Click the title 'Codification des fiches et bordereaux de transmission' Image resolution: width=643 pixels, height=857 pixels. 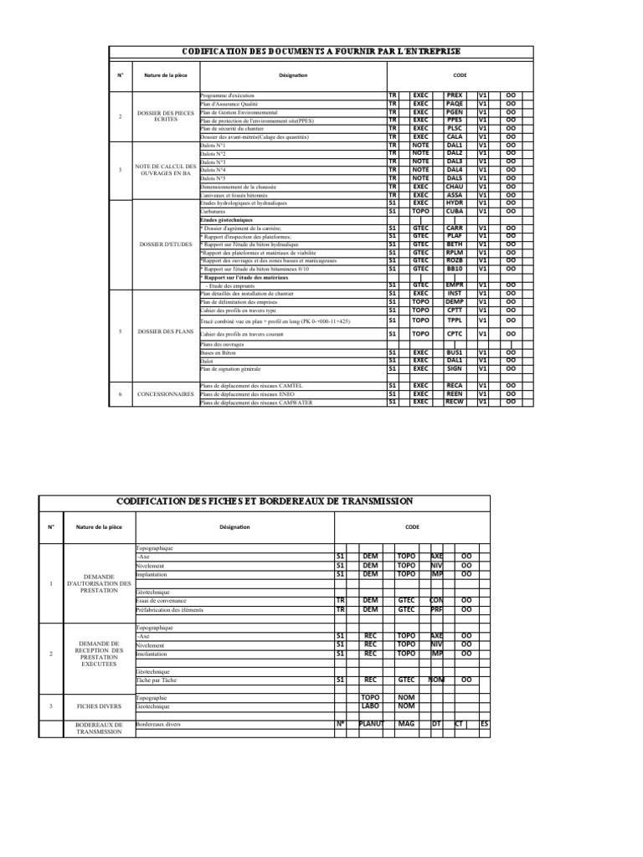click(x=264, y=500)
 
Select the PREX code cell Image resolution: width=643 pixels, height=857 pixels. click(x=455, y=96)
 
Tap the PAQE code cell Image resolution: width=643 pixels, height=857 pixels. click(x=455, y=104)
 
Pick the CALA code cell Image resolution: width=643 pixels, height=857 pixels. click(x=455, y=137)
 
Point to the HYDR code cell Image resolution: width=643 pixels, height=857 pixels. click(x=455, y=203)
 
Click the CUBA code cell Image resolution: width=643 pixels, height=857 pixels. click(x=455, y=212)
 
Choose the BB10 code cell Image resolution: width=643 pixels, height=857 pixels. click(x=455, y=269)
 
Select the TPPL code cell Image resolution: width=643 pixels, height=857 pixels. click(x=455, y=320)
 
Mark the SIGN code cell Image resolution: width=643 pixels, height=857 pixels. click(x=455, y=368)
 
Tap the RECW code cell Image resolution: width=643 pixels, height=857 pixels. click(x=455, y=401)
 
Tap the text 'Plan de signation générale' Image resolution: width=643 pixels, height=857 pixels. click(x=231, y=369)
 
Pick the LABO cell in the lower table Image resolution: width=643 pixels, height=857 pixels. click(x=370, y=705)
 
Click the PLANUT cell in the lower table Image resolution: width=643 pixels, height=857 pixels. click(x=370, y=723)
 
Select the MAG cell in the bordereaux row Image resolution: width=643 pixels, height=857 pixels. click(x=407, y=723)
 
